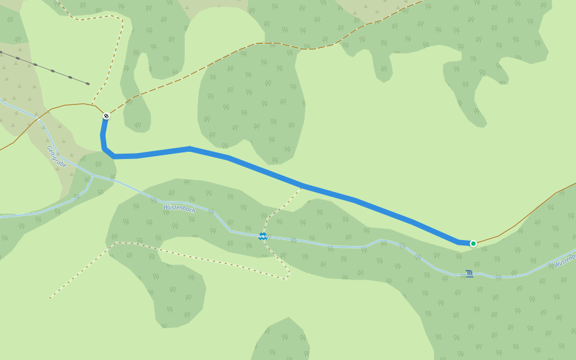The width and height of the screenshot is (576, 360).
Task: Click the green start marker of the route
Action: [x=473, y=243]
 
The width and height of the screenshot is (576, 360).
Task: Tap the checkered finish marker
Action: [x=106, y=116]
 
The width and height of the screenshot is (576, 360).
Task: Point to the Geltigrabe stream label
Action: [x=56, y=156]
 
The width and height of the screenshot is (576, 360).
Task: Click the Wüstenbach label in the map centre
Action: [x=179, y=209]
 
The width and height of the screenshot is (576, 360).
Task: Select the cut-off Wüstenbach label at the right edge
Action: [x=565, y=260]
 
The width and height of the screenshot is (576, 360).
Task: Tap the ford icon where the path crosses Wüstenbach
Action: [x=263, y=236]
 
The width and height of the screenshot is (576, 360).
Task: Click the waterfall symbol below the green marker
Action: [x=469, y=274]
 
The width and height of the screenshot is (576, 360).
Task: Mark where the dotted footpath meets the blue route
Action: [x=302, y=186]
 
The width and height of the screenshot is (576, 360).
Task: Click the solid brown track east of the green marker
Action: [x=516, y=225]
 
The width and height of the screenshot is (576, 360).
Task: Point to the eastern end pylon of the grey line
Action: [x=88, y=83]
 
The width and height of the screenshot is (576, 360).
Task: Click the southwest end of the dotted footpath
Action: [x=50, y=298]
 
